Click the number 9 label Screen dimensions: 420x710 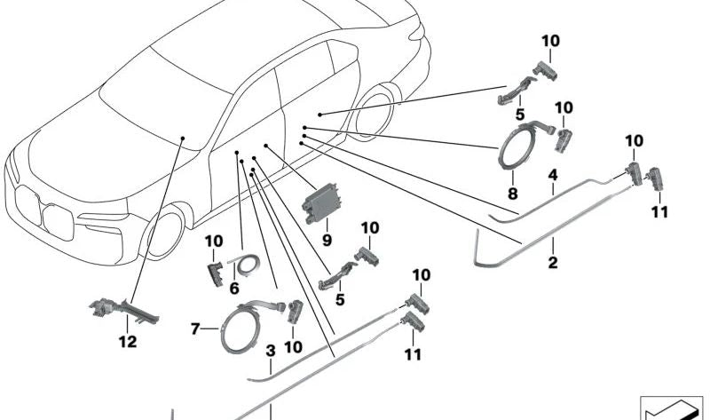(327, 240)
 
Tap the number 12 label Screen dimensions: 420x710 (129, 342)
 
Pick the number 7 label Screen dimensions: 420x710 (195, 329)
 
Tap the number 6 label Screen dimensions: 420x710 (234, 289)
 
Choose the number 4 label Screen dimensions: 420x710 (552, 174)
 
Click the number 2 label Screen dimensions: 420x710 (552, 263)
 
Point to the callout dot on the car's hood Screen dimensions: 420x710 (182, 139)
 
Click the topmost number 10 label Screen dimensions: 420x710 (551, 41)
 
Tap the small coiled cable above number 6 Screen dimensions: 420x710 (245, 262)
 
